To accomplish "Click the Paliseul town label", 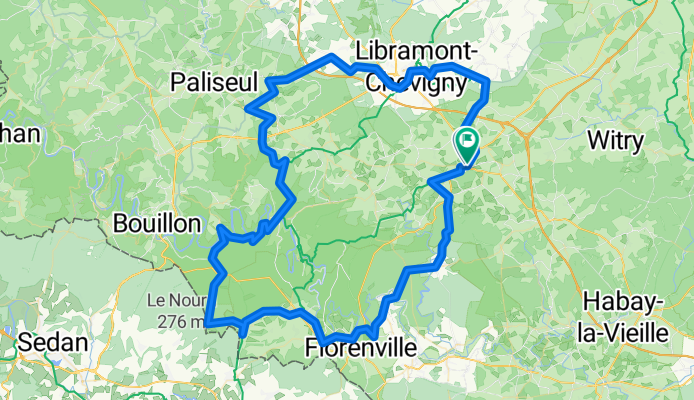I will (x=215, y=79).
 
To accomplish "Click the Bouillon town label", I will (x=158, y=223).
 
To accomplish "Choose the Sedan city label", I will (x=51, y=341).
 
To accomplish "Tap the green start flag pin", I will (x=467, y=142).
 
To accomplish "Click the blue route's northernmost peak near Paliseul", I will (x=331, y=56).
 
